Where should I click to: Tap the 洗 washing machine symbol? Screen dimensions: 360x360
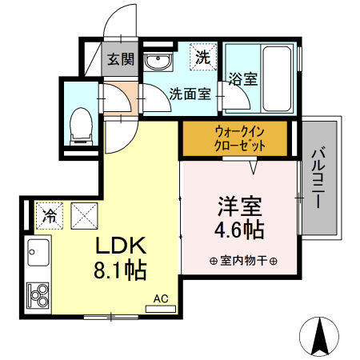[203, 57]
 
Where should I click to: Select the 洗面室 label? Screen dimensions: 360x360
[190, 94]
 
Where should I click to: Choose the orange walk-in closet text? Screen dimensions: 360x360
[234, 138]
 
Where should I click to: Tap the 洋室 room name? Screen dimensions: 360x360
[239, 206]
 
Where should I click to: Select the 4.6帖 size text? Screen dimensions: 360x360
[239, 230]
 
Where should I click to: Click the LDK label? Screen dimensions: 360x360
[121, 244]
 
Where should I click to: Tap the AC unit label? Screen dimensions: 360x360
[161, 299]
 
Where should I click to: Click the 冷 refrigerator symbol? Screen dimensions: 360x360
[50, 214]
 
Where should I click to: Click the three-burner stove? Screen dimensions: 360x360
[38, 296]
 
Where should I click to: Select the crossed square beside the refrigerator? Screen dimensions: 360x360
[85, 214]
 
